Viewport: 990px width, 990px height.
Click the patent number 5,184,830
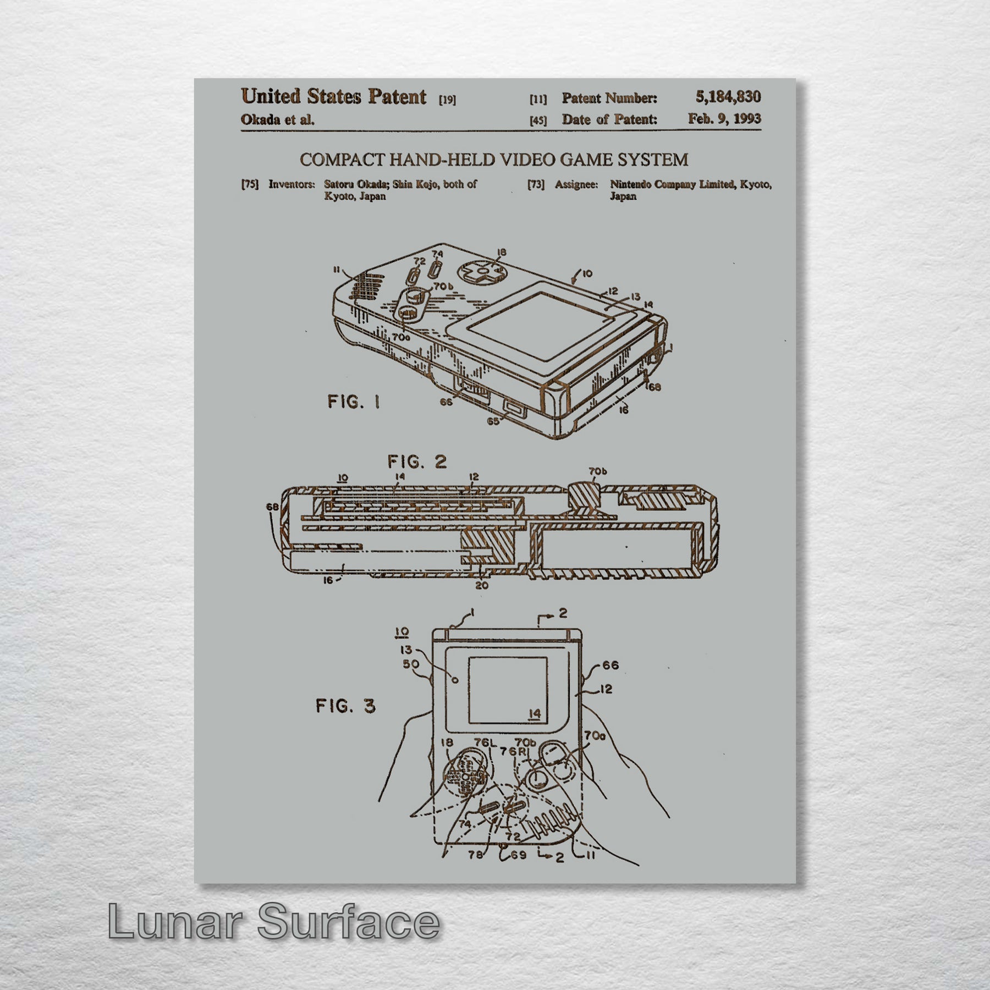pos(728,97)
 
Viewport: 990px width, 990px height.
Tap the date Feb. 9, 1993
pos(724,119)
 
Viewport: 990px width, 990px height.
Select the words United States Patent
pos(334,97)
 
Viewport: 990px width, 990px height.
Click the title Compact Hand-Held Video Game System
pos(494,160)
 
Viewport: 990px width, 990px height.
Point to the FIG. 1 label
pos(354,402)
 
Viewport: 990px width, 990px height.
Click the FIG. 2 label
pos(417,462)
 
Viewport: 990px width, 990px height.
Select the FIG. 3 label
pos(346,705)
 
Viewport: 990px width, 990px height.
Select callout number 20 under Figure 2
pos(482,586)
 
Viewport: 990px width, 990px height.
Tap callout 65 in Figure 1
pos(493,421)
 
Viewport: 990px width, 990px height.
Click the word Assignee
pos(576,185)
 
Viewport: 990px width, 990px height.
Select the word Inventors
pos(291,184)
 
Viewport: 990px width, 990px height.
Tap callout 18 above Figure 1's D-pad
pos(501,252)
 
